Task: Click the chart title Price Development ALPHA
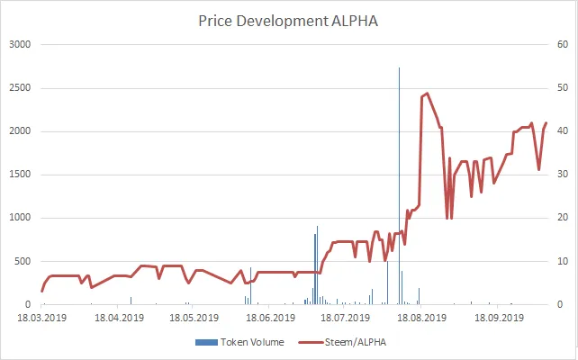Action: (288, 21)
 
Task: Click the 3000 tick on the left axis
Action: (19, 44)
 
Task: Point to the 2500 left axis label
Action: (19, 88)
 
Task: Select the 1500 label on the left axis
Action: (19, 175)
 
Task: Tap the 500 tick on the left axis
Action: (22, 262)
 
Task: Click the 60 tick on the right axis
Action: (559, 44)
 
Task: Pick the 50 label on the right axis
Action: (559, 88)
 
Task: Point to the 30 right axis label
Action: (559, 175)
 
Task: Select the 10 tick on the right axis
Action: (559, 262)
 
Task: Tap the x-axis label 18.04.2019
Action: (120, 318)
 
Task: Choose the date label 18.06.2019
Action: (267, 318)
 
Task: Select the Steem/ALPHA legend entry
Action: (345, 342)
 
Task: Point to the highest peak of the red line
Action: (427, 93)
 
